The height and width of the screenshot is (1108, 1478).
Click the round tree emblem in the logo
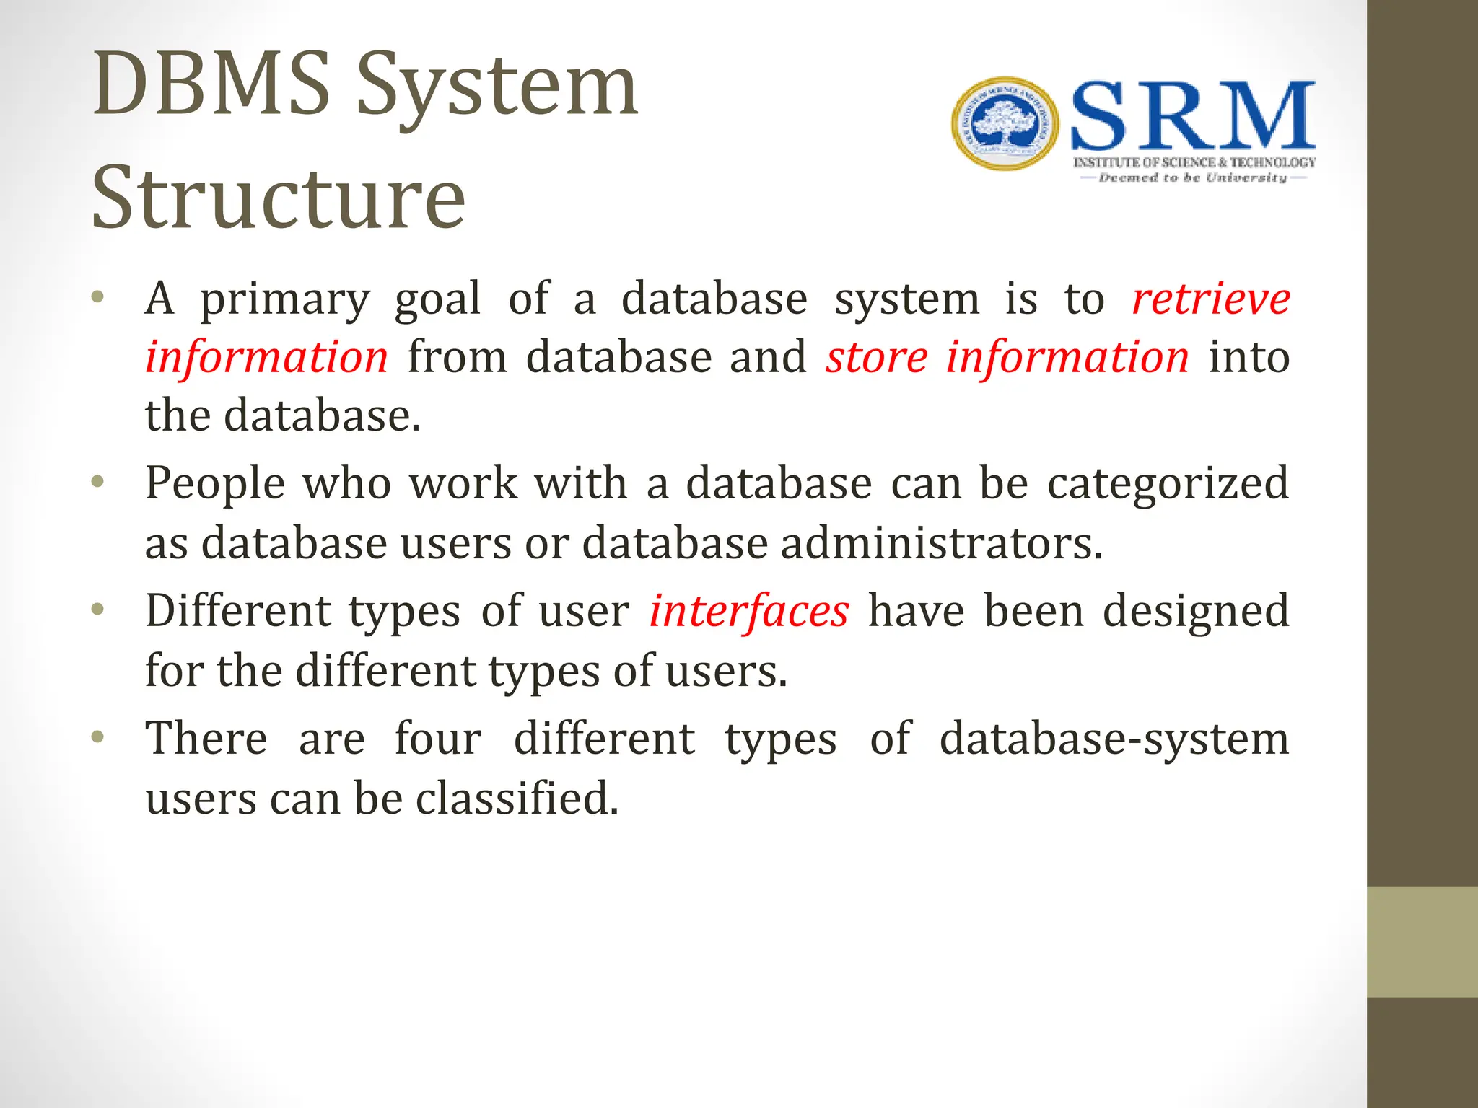tap(1005, 124)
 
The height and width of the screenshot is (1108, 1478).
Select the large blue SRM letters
tap(1192, 117)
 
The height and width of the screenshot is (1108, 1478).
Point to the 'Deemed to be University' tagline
tap(1192, 178)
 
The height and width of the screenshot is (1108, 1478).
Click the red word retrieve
tap(1210, 299)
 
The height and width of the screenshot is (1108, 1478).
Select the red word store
tap(876, 358)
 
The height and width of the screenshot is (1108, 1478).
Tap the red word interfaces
tap(748, 612)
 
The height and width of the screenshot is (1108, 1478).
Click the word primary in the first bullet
tap(284, 300)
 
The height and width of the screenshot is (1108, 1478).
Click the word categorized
tap(1167, 484)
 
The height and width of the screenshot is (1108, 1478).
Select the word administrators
tap(941, 543)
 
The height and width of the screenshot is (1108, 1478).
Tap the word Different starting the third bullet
tap(237, 612)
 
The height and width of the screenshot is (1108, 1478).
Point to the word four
tap(438, 739)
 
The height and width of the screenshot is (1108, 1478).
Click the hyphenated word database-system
tap(1114, 740)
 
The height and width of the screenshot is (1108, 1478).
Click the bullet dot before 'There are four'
tap(98, 737)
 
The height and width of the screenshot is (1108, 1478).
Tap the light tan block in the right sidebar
tap(1422, 941)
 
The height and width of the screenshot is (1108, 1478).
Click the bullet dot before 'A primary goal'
tap(98, 297)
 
